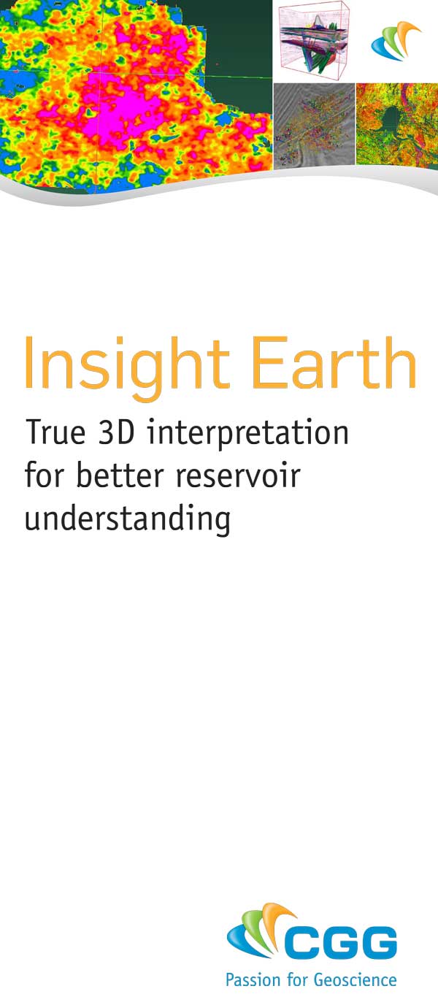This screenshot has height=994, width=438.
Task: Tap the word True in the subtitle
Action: (55, 432)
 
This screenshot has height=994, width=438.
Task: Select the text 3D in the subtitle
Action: (115, 432)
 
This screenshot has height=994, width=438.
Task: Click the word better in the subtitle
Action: (120, 475)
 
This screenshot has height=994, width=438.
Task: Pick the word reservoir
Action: (238, 475)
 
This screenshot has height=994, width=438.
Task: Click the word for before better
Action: (45, 475)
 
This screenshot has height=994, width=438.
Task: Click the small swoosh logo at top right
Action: (396, 42)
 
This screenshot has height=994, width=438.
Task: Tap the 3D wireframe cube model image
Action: (313, 41)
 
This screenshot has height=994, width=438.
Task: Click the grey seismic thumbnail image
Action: (314, 126)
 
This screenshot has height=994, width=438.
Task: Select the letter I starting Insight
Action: (29, 362)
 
